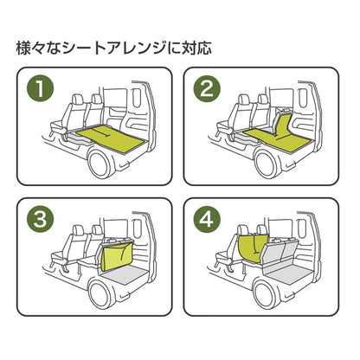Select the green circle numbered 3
click(x=37, y=222)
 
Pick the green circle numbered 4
click(x=206, y=222)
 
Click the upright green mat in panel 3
click(x=114, y=258)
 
